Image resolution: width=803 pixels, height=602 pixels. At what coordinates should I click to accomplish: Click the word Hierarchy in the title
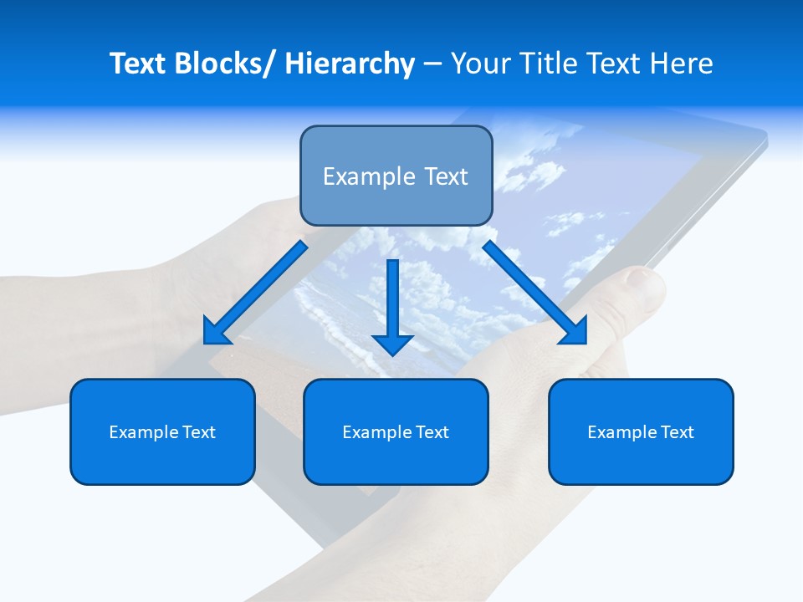(350, 64)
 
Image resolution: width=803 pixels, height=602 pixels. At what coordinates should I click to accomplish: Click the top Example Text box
(396, 176)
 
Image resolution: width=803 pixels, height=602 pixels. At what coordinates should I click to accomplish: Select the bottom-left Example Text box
(162, 431)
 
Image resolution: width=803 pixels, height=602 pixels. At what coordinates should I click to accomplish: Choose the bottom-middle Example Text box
(396, 431)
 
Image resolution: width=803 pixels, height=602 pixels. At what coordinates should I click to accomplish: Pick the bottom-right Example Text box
(641, 431)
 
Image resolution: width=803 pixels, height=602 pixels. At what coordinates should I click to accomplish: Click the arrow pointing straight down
(392, 305)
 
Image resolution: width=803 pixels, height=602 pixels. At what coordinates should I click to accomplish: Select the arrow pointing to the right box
(534, 292)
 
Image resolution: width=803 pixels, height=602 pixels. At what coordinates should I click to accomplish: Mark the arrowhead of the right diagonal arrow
(575, 332)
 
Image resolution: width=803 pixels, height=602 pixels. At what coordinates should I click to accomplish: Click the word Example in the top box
(369, 176)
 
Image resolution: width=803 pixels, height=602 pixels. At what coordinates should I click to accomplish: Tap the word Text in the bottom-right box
(677, 432)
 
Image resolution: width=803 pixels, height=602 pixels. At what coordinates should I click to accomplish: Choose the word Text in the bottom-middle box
(432, 432)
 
